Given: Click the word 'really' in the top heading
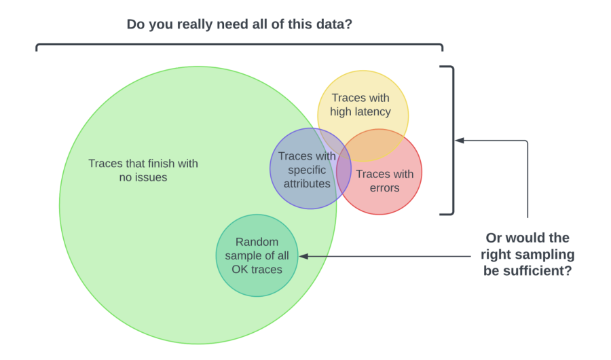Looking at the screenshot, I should [193, 24].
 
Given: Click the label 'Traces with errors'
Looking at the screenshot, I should [384, 181].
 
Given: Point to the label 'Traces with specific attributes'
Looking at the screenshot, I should [307, 170].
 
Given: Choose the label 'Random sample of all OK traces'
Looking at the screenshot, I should [257, 255].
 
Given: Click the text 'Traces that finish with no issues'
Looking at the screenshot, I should [143, 170].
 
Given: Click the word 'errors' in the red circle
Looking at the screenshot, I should [384, 187].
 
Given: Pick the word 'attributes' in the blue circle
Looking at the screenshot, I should [308, 183].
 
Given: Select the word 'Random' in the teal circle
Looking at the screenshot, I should [257, 242].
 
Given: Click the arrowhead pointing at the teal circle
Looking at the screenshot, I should [303, 256].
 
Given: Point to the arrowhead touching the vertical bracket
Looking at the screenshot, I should [460, 141].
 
